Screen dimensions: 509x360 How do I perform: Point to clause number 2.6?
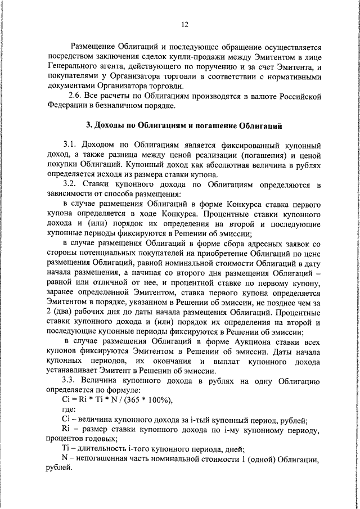click(x=76, y=96)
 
